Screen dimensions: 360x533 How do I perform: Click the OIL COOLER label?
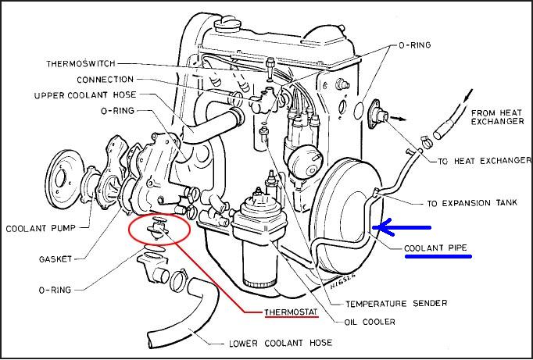tap(369, 322)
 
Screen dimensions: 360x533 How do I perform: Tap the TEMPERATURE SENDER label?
tap(385, 303)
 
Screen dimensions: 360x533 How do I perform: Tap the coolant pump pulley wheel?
tap(65, 177)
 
